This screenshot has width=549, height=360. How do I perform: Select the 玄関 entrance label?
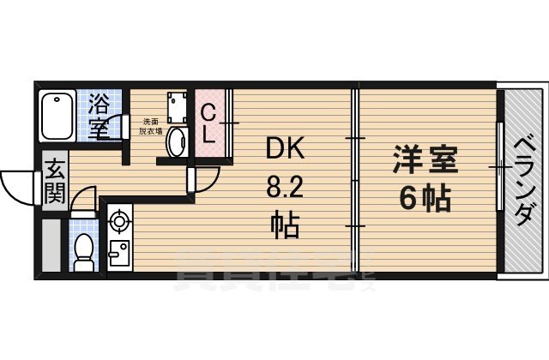point(54,180)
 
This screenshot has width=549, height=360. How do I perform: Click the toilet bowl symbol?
point(84,248)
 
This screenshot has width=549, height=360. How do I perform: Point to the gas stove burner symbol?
point(118,222)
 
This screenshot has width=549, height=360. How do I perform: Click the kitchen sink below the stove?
point(118,255)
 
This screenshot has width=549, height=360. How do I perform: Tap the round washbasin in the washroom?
point(175,141)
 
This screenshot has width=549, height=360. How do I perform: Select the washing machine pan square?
point(178,106)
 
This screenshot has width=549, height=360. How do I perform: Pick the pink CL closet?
point(209,124)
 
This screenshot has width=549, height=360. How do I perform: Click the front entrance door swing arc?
point(19,182)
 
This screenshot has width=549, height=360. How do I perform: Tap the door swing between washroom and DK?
point(206,177)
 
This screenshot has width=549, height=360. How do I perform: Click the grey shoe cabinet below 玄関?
point(51,245)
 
